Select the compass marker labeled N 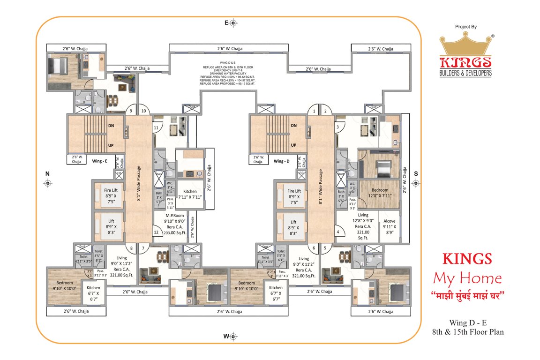[47, 183]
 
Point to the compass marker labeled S [416, 183]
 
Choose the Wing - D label [281, 161]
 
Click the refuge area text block [227, 73]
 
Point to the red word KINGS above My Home [467, 259]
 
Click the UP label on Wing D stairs [293, 145]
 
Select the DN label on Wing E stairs [111, 126]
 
